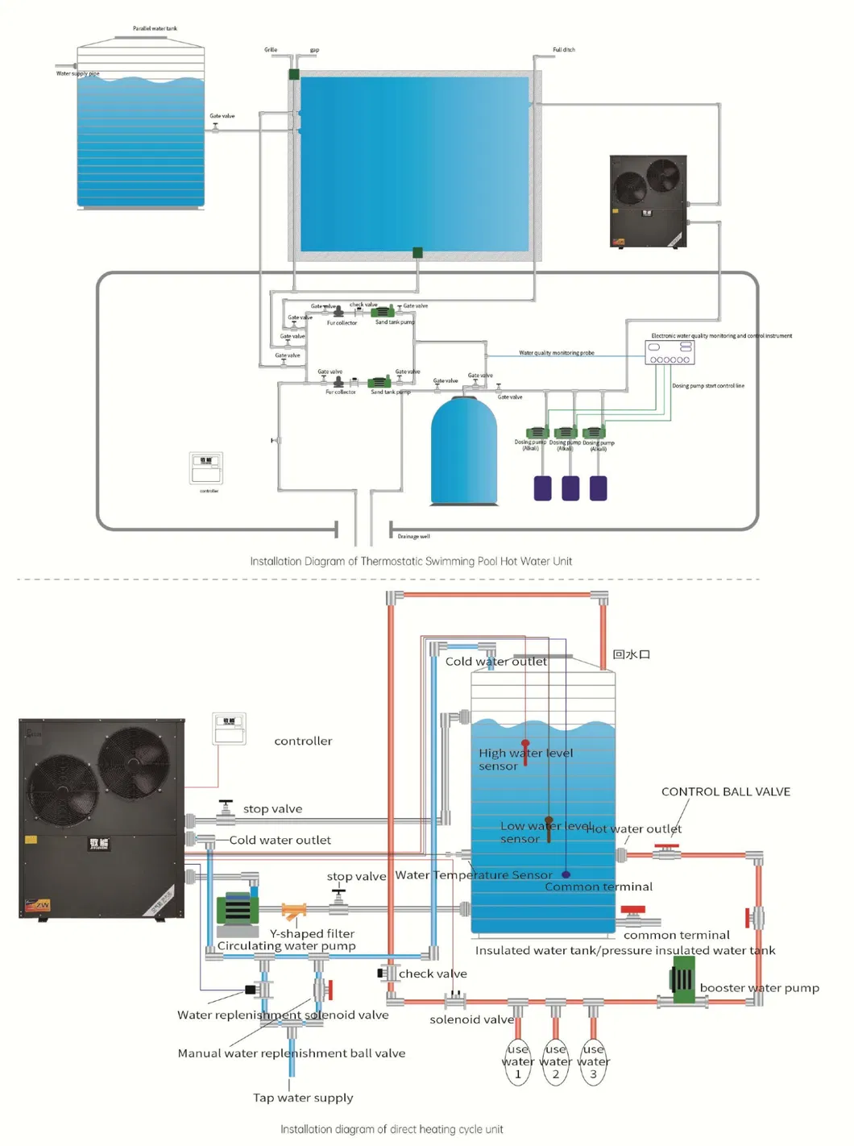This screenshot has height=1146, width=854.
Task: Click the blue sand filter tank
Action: click(x=463, y=451)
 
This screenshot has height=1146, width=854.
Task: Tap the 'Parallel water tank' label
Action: click(x=155, y=28)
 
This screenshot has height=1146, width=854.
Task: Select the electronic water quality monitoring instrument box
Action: click(x=670, y=352)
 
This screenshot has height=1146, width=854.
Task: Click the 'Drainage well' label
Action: click(x=413, y=536)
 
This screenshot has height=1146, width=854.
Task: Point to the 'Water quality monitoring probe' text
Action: click(x=557, y=353)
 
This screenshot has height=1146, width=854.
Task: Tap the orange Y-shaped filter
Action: click(x=293, y=911)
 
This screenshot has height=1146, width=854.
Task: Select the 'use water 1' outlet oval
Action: click(x=518, y=1062)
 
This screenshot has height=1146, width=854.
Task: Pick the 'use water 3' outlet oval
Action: click(x=593, y=1062)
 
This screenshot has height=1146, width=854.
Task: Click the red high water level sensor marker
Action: click(x=525, y=745)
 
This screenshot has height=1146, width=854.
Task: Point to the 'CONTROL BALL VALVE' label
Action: click(x=725, y=791)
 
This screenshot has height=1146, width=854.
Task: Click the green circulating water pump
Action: click(x=238, y=909)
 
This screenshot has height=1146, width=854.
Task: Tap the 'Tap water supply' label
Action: click(x=303, y=1098)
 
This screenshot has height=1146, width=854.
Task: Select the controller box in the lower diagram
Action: click(x=229, y=729)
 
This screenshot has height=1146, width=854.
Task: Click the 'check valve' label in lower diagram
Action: click(x=433, y=974)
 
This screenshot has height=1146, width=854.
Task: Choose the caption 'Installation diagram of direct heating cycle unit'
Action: click(x=392, y=1129)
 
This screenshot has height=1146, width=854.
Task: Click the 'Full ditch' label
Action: click(x=564, y=50)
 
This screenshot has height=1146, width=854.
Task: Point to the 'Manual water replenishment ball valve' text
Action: click(x=291, y=1053)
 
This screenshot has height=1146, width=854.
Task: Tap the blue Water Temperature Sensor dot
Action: click(x=566, y=874)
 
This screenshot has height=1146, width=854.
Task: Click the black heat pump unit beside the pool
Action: click(x=649, y=201)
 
